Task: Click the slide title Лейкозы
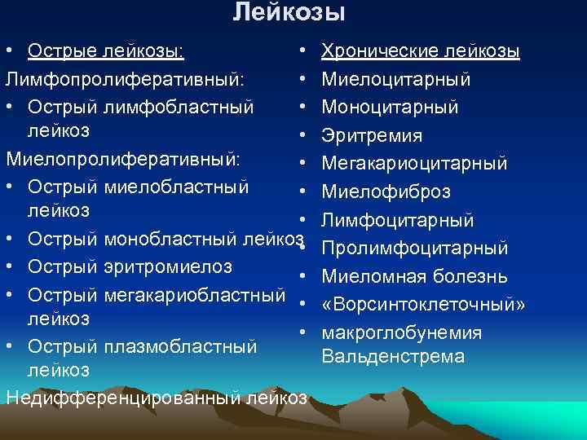point(289,12)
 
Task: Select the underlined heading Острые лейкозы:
point(106,52)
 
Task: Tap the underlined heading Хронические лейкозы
point(421,52)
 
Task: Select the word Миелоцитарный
point(396,80)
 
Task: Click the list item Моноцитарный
point(390,108)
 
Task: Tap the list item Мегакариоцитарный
point(414,164)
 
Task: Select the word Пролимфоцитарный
point(415,248)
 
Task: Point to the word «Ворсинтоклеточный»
point(423,304)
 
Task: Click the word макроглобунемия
point(401,332)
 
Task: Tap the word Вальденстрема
point(393,356)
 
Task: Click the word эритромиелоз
point(169,266)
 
